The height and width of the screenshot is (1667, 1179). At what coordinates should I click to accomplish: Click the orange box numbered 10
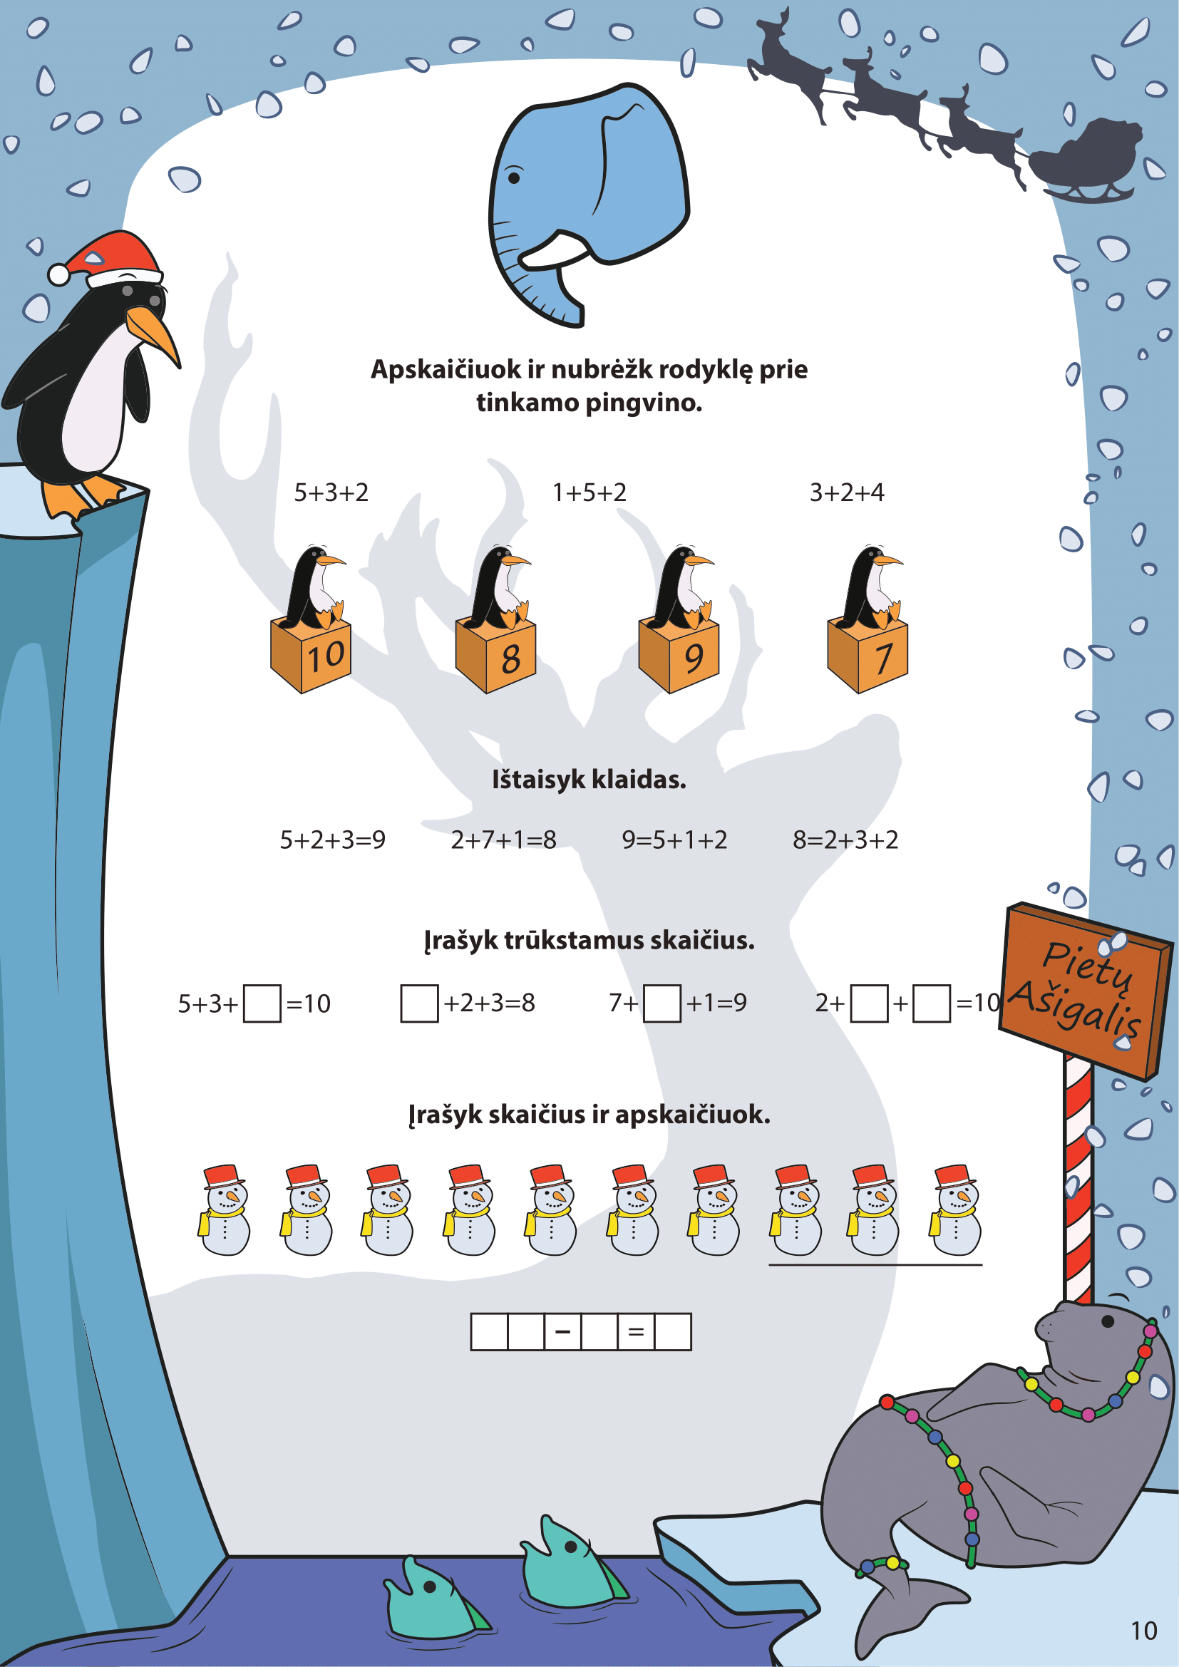pyautogui.click(x=311, y=656)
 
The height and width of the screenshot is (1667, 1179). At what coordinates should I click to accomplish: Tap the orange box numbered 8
pyautogui.click(x=496, y=656)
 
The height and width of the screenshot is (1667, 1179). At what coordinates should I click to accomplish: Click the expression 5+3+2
pyautogui.click(x=331, y=493)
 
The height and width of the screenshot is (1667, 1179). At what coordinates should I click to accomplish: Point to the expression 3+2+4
pyautogui.click(x=848, y=493)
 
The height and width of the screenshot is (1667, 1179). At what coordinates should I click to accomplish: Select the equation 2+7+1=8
pyautogui.click(x=504, y=840)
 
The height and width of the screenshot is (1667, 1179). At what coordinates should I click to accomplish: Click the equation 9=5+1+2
pyautogui.click(x=674, y=840)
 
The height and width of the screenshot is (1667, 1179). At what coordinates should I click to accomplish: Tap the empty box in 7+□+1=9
pyautogui.click(x=662, y=1003)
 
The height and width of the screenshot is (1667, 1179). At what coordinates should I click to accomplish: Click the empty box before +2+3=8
pyautogui.click(x=420, y=1003)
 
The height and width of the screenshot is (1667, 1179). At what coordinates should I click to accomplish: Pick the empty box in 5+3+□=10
pyautogui.click(x=262, y=1003)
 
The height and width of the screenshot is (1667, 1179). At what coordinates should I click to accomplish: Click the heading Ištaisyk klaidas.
pyautogui.click(x=589, y=780)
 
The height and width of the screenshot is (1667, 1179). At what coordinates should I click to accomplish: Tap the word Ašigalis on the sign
pyautogui.click(x=1076, y=1008)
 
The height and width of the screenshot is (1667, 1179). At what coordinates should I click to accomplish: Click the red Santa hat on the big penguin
pyautogui.click(x=109, y=259)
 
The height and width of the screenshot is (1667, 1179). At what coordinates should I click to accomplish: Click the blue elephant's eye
pyautogui.click(x=514, y=177)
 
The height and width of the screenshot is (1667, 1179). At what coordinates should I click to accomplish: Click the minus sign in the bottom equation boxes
pyautogui.click(x=562, y=1331)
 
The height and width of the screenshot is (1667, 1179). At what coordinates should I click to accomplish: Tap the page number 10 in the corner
pyautogui.click(x=1144, y=1631)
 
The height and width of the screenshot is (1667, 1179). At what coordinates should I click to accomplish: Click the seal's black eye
pyautogui.click(x=1108, y=1321)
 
